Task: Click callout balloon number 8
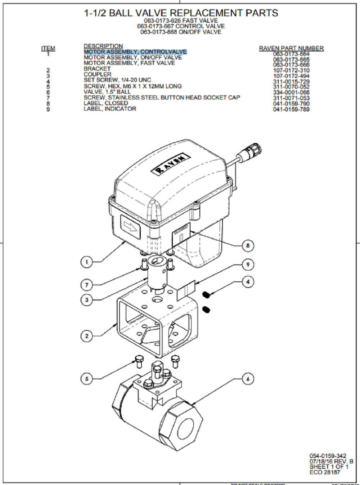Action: coord(248,246)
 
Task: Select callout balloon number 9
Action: coord(248,264)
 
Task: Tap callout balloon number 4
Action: coord(248,282)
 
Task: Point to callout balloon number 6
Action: coord(248,379)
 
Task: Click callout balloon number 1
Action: coord(86,262)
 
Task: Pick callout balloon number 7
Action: coord(86,285)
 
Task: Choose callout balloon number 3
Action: coord(86,300)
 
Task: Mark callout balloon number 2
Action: coord(86,336)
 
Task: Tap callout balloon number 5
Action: coord(86,379)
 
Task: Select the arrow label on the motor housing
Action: coord(130,227)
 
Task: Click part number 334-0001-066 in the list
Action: coord(291,93)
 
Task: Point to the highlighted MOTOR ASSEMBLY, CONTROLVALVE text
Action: coord(135,52)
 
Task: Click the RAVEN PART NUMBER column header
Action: coord(291,48)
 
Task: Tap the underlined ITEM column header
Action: coord(48,48)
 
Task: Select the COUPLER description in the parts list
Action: coord(97,74)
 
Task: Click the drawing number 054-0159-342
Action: coord(328,456)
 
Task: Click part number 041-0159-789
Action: coord(291,109)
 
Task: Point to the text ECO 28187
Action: coord(324,472)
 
